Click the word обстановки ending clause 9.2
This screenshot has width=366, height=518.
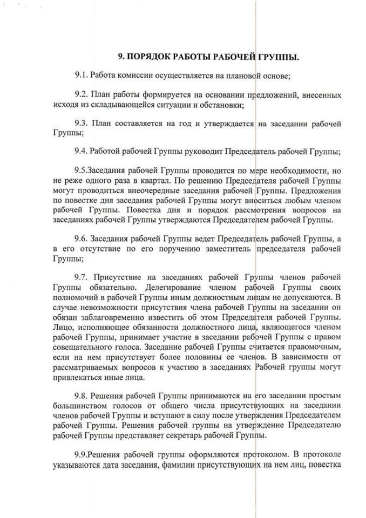221,105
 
